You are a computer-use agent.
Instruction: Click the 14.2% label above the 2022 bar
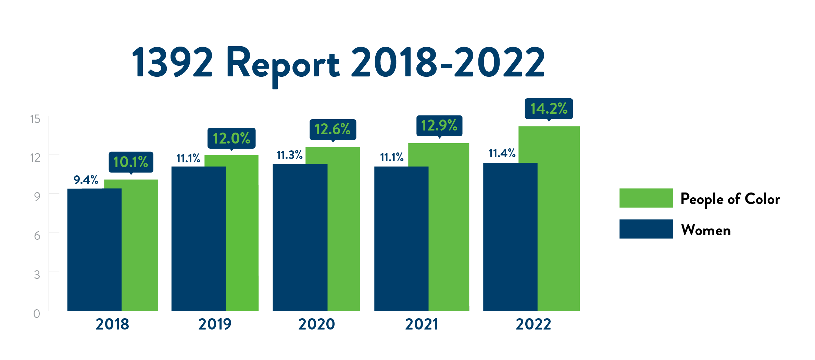point(549,109)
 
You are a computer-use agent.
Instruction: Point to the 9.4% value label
point(86,180)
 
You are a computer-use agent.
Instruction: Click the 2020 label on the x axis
point(316,324)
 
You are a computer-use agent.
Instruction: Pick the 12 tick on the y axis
point(35,158)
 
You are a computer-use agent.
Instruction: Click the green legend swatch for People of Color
point(646,198)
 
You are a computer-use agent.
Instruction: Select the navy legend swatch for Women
point(646,229)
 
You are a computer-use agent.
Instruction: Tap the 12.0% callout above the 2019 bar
point(231,138)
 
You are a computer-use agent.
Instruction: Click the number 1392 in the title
point(173,63)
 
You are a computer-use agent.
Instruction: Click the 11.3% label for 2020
point(289,155)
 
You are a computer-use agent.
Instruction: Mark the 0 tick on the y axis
point(37,314)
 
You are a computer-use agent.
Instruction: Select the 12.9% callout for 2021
point(439,126)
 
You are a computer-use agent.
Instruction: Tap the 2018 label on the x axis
point(112,324)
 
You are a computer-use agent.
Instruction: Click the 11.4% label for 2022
point(502,153)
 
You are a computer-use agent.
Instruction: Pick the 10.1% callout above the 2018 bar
point(130,162)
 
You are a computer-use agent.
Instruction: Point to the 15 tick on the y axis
point(35,119)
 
